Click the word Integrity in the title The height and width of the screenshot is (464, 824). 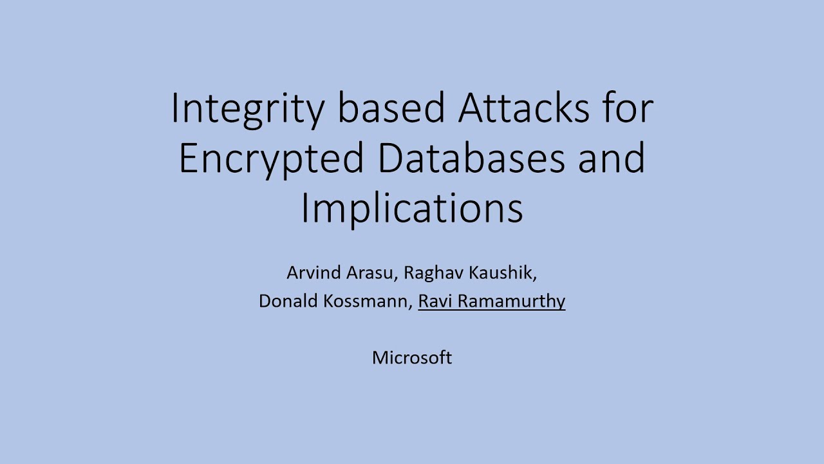[248, 109]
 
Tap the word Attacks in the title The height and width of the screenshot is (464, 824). [523, 109]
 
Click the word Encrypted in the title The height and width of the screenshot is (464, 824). [271, 159]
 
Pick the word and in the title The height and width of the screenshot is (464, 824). [612, 159]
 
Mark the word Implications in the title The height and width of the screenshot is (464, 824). [412, 209]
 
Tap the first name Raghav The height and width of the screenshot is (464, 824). [434, 273]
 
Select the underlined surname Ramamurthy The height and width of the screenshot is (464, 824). [512, 302]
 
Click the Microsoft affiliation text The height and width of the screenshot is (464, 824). [412, 358]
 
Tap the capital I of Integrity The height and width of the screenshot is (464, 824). [174, 109]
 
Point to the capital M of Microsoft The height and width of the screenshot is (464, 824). [379, 358]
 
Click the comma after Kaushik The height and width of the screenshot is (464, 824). [535, 278]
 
